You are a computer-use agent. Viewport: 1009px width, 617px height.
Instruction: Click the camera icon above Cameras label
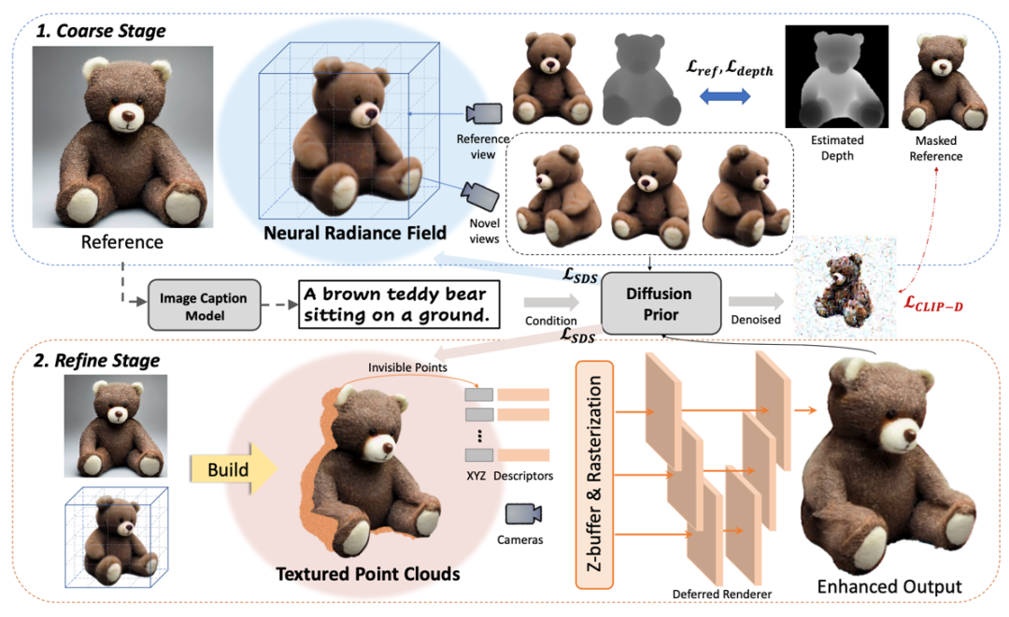[x=524, y=512]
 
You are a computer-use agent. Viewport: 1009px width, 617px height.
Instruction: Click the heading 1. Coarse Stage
[x=100, y=31]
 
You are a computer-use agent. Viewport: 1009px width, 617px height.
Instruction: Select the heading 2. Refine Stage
[x=97, y=360]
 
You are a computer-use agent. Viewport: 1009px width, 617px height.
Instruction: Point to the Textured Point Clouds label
[x=368, y=573]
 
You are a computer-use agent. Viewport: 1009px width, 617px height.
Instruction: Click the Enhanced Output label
[x=888, y=586]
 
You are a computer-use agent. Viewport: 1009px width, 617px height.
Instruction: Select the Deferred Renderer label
[x=715, y=593]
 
